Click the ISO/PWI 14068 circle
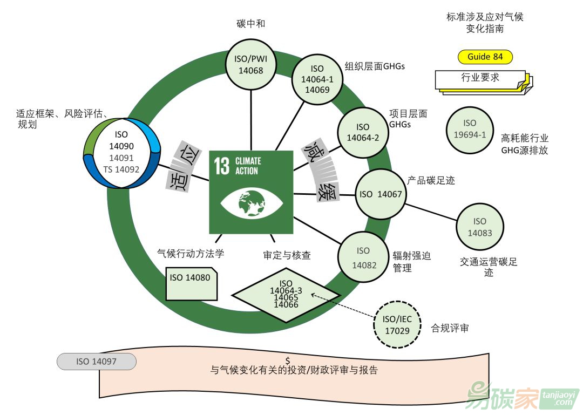(x=250, y=64)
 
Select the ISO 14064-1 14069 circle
(x=317, y=79)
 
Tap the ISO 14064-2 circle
(x=363, y=132)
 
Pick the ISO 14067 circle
(x=381, y=194)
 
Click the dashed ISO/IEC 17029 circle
(x=397, y=325)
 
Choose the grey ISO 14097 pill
(x=97, y=362)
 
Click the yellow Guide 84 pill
(x=485, y=57)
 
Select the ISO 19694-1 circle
(x=470, y=130)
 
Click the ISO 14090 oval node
(x=124, y=153)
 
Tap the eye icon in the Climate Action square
(x=251, y=205)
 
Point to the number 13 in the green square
(x=222, y=167)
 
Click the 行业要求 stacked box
(x=480, y=79)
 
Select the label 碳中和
(x=250, y=24)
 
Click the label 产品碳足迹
(x=431, y=180)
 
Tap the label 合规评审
(x=450, y=328)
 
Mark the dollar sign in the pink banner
(x=288, y=360)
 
